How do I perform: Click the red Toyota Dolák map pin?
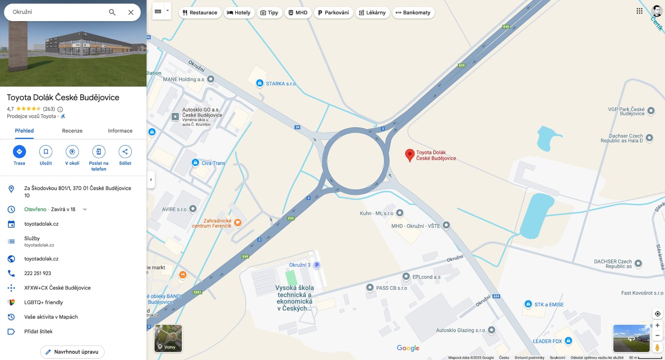[x=410, y=155]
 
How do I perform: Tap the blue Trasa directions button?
[x=19, y=152]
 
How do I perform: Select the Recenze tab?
[x=72, y=131]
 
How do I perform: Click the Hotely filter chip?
[x=239, y=12]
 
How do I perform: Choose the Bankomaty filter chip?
[x=413, y=12]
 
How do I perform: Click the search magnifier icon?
[x=112, y=12]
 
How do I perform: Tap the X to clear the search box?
[x=131, y=12]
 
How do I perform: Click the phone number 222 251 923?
[x=38, y=273]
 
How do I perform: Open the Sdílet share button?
[x=125, y=152]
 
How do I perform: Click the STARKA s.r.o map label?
[x=281, y=84]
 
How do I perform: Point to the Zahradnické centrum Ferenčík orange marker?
[x=238, y=222]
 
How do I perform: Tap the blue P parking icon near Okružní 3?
[x=317, y=265]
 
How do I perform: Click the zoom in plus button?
[x=657, y=325]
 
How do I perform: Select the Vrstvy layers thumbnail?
[x=168, y=338]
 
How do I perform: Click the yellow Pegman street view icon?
[x=657, y=347]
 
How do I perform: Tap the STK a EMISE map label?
[x=549, y=305]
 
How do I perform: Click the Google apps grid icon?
[x=639, y=11]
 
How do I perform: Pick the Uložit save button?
[x=46, y=152]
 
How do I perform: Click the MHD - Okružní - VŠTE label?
[x=415, y=226]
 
